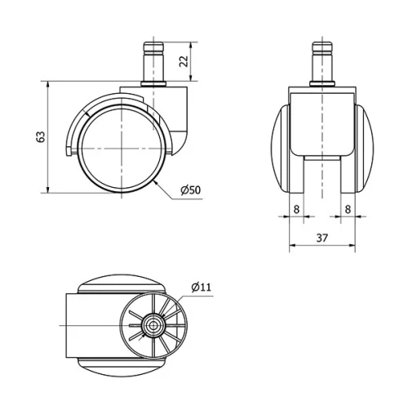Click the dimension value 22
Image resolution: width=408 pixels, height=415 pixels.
pos(184,62)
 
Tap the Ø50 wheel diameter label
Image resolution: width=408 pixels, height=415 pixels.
pos(190,190)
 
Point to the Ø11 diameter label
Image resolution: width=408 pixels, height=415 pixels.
pos(201,287)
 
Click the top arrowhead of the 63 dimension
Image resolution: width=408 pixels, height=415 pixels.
pos(50,83)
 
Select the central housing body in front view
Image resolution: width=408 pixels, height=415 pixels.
pos(324,123)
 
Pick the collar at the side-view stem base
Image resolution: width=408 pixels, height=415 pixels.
pos(152,84)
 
